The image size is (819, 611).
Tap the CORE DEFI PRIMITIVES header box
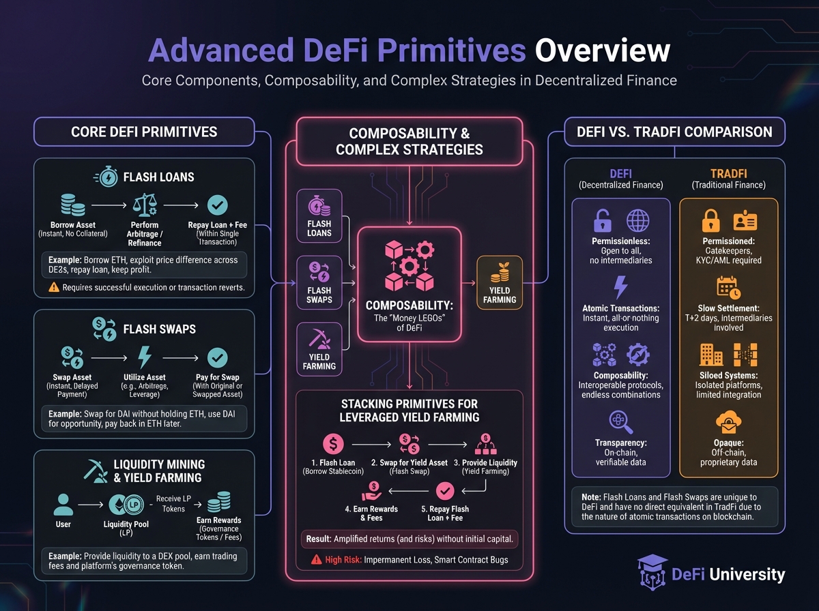tap(144, 132)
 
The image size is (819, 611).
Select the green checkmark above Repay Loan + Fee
tap(217, 205)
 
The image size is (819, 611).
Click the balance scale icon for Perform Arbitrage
tap(145, 205)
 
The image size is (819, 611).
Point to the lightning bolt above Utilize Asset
tap(145, 357)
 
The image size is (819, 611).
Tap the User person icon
tap(63, 505)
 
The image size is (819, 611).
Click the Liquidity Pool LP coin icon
tap(124, 505)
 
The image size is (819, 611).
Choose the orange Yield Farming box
tap(500, 282)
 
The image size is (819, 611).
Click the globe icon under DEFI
tap(638, 221)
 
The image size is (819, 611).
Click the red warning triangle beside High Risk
tap(316, 560)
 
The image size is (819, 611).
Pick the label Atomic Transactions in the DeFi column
tap(620, 308)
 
